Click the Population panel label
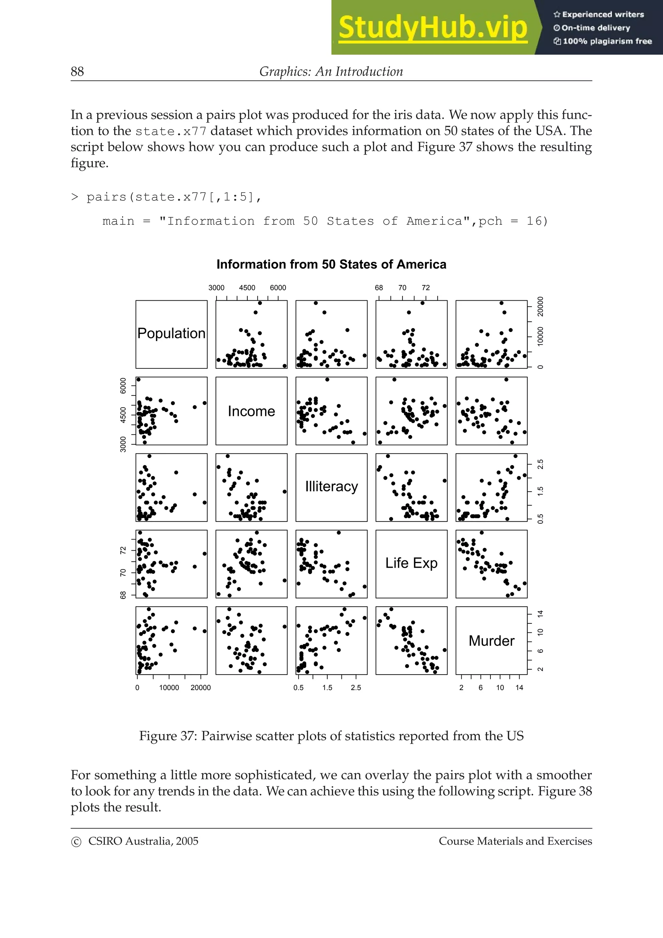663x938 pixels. [171, 333]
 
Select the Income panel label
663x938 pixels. [251, 411]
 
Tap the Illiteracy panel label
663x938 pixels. [331, 486]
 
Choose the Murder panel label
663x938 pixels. [491, 641]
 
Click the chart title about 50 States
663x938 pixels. [331, 264]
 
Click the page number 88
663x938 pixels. [77, 72]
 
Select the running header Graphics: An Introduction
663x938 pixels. [331, 72]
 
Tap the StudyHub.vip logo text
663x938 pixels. [433, 28]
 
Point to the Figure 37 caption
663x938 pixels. [331, 735]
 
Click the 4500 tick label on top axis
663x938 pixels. [247, 288]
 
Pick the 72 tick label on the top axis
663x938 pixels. [426, 288]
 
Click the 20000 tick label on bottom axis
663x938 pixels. [201, 687]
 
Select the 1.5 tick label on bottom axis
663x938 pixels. [327, 687]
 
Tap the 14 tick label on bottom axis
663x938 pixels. [519, 687]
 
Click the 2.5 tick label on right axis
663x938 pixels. [540, 464]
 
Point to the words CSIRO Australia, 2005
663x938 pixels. [143, 841]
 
